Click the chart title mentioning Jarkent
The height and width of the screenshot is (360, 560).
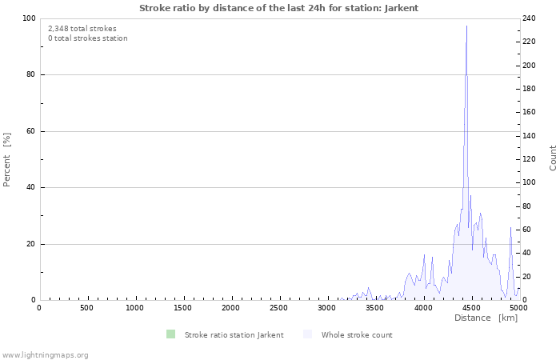[278, 8]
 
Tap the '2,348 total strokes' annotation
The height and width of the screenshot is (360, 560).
[82, 28]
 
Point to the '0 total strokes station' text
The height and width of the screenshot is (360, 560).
[87, 38]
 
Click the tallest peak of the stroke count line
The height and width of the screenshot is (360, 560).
[466, 27]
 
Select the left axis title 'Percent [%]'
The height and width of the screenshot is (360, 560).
[7, 159]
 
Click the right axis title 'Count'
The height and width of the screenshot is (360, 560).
[553, 158]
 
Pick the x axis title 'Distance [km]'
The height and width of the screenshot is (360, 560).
[486, 318]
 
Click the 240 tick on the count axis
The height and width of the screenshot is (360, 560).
[530, 18]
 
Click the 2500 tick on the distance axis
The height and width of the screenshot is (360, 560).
[279, 308]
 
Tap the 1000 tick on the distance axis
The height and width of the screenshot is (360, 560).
[135, 308]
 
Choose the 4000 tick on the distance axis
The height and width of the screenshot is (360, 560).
[423, 308]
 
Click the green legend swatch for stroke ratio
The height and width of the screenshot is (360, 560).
[170, 334]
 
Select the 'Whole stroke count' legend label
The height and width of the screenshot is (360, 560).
[357, 334]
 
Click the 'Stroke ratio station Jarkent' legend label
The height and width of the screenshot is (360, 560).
[234, 334]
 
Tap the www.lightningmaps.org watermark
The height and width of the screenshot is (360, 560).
[45, 354]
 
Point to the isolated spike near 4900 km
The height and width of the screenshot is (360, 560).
[510, 228]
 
